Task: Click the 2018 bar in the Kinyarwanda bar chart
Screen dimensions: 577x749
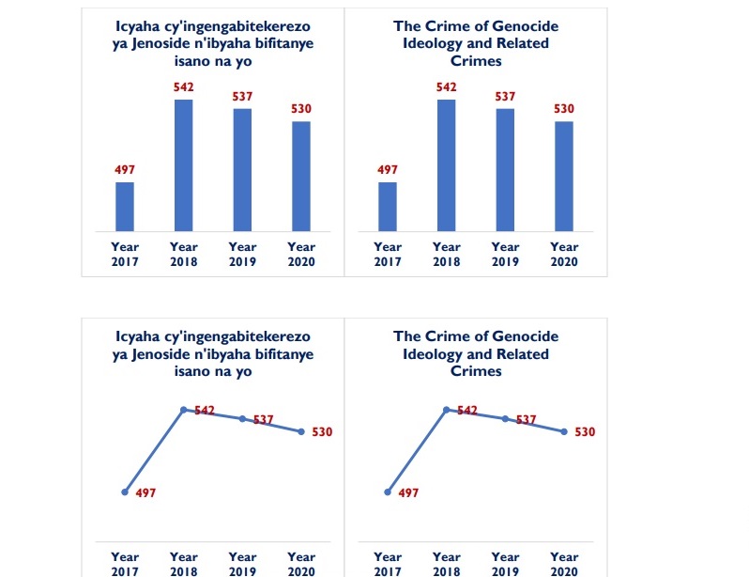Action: (184, 164)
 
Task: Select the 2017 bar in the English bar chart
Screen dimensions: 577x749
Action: (388, 207)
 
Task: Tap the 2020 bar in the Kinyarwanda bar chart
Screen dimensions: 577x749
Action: (300, 176)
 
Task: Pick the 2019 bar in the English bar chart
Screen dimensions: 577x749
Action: (505, 169)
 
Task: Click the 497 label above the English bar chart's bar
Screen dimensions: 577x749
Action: (388, 170)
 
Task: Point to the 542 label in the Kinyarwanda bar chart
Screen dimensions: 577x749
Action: (184, 87)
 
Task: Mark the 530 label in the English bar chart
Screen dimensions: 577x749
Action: (563, 109)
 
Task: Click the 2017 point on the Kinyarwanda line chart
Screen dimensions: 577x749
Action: (125, 491)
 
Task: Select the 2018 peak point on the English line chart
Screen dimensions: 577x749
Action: (447, 410)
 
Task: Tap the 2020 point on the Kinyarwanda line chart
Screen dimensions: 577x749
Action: (300, 432)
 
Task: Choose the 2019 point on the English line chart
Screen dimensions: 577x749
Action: (505, 419)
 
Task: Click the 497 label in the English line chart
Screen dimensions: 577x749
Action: (408, 492)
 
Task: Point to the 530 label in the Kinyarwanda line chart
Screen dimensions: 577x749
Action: (322, 432)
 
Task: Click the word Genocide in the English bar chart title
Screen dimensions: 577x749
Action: (524, 26)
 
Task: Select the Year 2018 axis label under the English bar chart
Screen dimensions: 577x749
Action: (447, 255)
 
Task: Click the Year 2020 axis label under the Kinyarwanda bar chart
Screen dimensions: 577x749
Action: (300, 255)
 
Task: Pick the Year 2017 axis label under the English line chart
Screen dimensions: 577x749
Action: (388, 564)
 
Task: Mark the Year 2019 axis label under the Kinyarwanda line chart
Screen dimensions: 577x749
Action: (242, 564)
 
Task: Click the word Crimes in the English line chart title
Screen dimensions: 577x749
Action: (476, 371)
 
